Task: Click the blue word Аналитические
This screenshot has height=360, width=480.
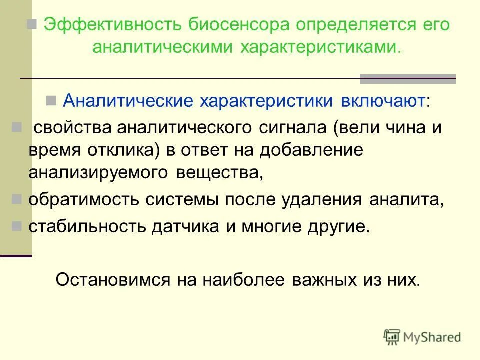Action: (x=128, y=101)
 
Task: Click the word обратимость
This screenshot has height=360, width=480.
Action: (x=84, y=199)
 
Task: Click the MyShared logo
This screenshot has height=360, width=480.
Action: (x=422, y=337)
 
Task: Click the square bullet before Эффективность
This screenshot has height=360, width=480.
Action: (x=33, y=24)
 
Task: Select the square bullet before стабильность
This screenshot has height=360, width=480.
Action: (x=17, y=226)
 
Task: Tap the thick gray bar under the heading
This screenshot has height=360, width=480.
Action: (x=407, y=79)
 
